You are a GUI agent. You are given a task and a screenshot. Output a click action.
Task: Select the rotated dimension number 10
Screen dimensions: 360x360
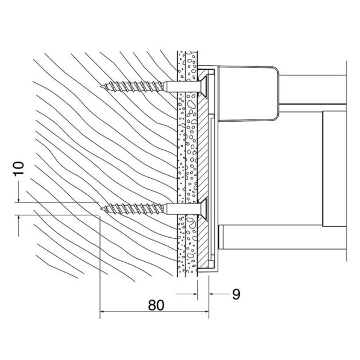tap(18, 168)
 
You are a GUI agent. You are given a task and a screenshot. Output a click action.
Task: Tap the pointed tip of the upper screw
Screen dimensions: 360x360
tap(101, 87)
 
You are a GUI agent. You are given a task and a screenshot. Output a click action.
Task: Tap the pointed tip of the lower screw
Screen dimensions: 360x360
tap(101, 209)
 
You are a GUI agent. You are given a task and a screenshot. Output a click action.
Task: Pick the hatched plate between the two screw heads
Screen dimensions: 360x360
tap(203, 149)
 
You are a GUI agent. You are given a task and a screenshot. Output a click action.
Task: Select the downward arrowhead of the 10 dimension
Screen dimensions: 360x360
tap(19, 199)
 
